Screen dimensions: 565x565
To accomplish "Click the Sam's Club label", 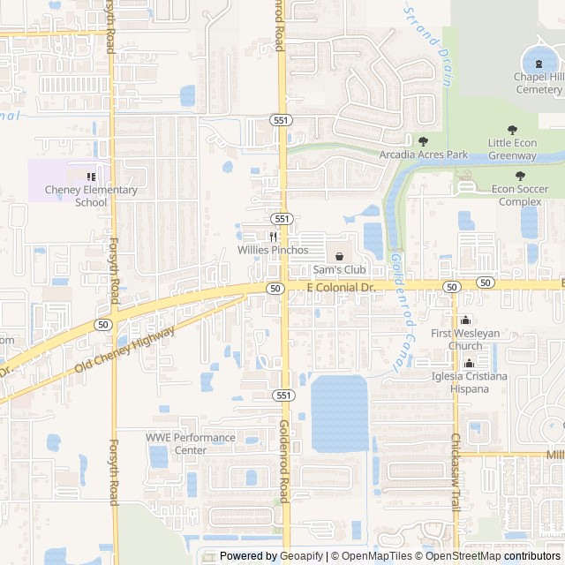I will point(339,269).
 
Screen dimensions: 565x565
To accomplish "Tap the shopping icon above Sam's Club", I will point(339,256).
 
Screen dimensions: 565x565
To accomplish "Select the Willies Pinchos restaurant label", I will point(273,250).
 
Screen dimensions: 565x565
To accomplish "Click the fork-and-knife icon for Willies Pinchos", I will point(274,237).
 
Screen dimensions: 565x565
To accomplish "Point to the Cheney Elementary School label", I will point(91,196).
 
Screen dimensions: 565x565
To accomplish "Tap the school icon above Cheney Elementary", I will point(91,177).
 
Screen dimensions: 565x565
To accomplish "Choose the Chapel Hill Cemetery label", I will point(539,83).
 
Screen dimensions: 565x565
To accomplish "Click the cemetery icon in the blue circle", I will point(539,62).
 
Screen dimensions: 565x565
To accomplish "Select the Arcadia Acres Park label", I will point(423,154).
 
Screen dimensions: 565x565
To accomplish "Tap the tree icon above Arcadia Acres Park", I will point(423,140).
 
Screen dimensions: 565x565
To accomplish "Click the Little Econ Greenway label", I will point(524,149).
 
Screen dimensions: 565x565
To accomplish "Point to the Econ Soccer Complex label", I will point(520,194).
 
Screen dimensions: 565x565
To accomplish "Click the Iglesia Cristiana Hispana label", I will point(469,382).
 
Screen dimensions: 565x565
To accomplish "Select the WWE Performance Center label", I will point(191,443).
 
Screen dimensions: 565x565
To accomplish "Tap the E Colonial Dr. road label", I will point(341,288).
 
